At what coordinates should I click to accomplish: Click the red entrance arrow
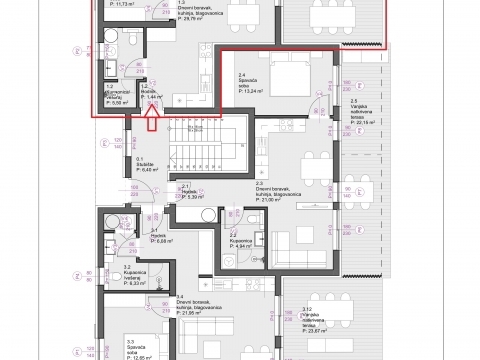151,123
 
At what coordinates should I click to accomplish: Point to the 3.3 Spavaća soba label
141,346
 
